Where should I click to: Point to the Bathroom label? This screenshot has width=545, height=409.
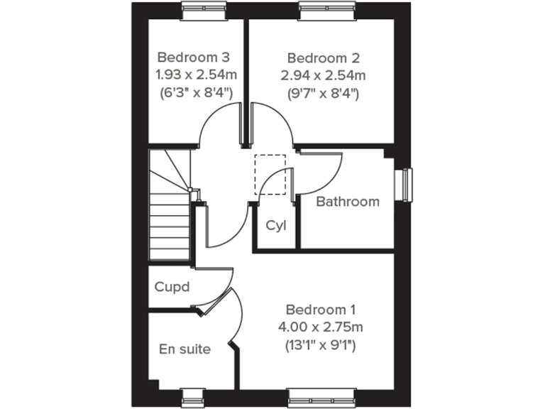[348, 202]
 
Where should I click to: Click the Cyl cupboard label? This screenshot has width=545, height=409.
[276, 226]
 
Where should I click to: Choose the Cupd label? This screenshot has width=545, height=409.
[172, 288]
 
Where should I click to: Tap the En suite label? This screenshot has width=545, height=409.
[185, 349]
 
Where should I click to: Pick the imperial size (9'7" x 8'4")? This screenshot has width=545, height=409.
[323, 92]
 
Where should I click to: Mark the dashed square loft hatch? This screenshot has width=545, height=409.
[270, 173]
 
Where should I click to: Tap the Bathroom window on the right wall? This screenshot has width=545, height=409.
[407, 185]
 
